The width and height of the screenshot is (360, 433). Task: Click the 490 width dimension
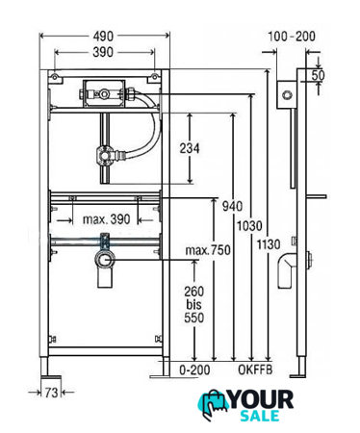pos(103,36)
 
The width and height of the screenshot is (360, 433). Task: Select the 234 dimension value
pos(190,148)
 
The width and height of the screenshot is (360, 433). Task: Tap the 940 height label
pos(232,206)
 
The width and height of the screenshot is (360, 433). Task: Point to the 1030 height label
pos(249,226)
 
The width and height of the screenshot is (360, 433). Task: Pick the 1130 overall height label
pos(269,244)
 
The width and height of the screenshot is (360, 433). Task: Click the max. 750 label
pos(208,250)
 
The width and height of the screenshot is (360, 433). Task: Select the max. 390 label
pos(107,219)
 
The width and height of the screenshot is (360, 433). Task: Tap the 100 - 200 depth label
pos(292,37)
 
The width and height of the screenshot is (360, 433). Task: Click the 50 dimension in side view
pos(319,75)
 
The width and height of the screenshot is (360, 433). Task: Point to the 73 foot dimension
pos(51,393)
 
